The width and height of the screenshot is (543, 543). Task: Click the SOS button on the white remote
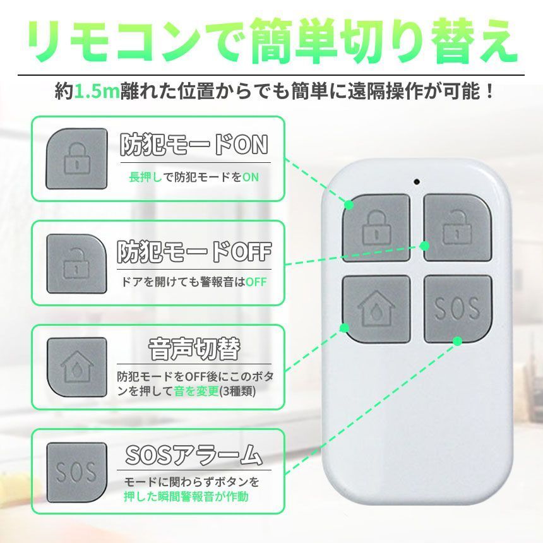pyautogui.click(x=457, y=307)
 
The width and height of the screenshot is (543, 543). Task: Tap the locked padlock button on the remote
pyautogui.click(x=376, y=225)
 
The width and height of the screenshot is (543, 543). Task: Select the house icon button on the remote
pyautogui.click(x=376, y=308)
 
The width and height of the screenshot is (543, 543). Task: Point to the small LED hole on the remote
pyautogui.click(x=417, y=182)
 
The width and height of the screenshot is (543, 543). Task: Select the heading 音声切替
pyautogui.click(x=194, y=349)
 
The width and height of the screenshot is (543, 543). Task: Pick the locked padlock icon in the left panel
pyautogui.click(x=76, y=158)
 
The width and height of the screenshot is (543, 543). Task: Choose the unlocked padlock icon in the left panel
pyautogui.click(x=76, y=263)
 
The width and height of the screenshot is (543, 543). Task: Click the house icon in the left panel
pyautogui.click(x=76, y=366)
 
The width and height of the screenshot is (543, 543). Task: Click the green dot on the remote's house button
pyautogui.click(x=345, y=327)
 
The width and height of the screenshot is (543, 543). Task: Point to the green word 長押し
pyautogui.click(x=141, y=177)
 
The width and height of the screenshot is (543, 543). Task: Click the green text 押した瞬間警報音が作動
pyautogui.click(x=186, y=496)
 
